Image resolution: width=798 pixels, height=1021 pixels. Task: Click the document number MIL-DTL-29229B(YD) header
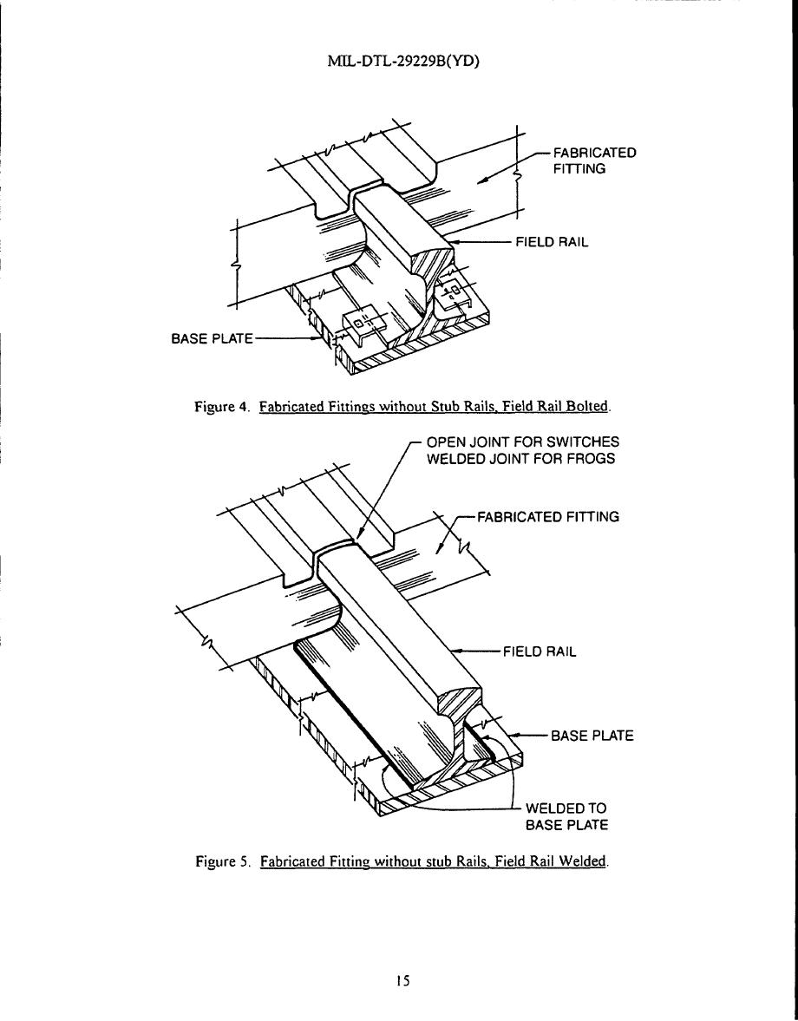399,62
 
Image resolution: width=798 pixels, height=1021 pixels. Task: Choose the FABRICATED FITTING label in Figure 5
546,518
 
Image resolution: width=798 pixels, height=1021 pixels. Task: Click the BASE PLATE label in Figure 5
592,736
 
